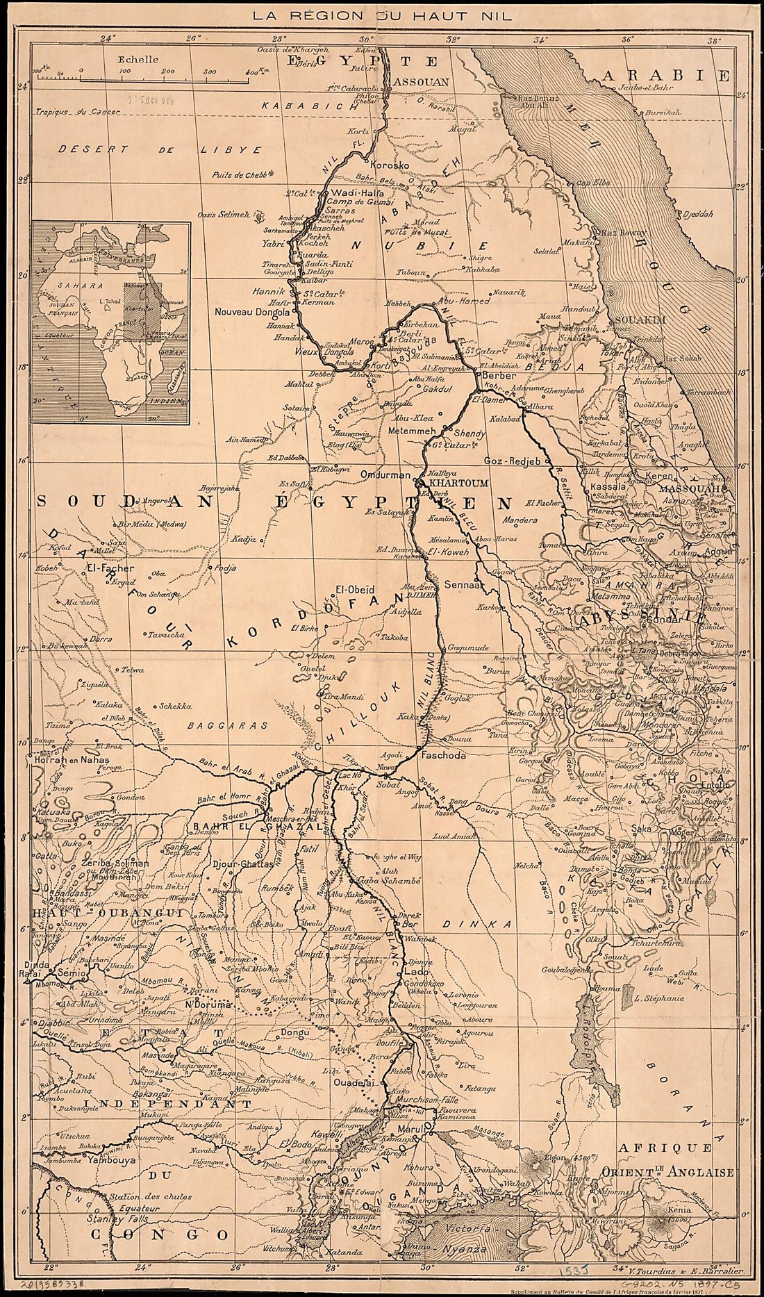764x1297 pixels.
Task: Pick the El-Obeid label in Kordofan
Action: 350,589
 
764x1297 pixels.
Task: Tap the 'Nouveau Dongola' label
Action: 254,312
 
